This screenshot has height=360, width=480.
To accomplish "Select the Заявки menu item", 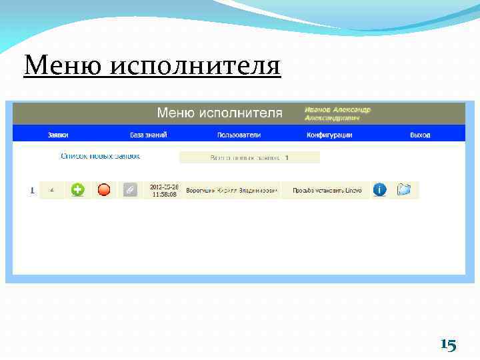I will click(x=58, y=135).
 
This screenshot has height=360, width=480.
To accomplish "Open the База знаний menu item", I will click(x=148, y=135).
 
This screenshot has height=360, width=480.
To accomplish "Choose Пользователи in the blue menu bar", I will click(x=239, y=135).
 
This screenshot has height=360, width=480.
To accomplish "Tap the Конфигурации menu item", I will click(x=329, y=135).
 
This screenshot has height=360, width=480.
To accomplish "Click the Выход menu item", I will click(x=420, y=135).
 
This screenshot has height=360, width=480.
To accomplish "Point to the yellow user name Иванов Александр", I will click(x=337, y=109).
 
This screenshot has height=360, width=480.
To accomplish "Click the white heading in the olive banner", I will click(x=219, y=113).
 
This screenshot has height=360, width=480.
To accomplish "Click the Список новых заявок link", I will click(x=100, y=156).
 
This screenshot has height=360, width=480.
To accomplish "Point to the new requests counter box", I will click(x=249, y=158).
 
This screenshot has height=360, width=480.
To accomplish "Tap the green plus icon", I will click(x=78, y=190).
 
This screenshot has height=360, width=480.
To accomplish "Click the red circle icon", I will click(x=104, y=190).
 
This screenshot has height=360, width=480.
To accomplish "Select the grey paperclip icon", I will click(x=130, y=190).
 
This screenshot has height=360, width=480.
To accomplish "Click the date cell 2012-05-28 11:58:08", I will click(x=163, y=190).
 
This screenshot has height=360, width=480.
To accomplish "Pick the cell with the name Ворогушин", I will click(x=231, y=191).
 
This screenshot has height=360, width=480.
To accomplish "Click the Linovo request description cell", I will click(x=327, y=191).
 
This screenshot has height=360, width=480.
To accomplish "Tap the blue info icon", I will click(x=379, y=190).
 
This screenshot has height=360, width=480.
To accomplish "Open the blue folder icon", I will click(x=404, y=190).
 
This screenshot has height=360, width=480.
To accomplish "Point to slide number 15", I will click(x=448, y=345).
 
